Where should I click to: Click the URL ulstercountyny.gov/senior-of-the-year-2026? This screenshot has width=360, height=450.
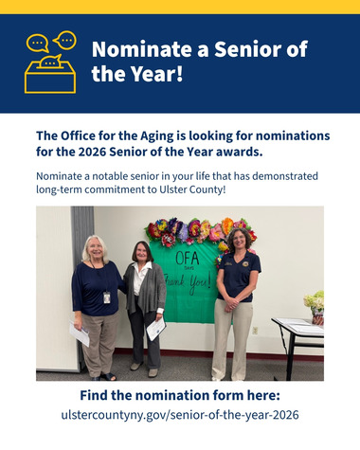[180, 414]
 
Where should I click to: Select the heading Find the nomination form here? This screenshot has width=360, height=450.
[180, 394]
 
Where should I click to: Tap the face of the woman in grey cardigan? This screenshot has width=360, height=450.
[143, 252]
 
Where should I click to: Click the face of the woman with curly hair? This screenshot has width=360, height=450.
[236, 240]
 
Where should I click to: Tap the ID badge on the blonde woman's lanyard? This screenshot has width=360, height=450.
[107, 297]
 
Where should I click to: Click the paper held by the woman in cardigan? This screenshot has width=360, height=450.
[156, 329]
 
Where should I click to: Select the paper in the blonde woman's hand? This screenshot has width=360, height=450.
[81, 334]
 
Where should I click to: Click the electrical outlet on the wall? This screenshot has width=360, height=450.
[255, 330]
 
